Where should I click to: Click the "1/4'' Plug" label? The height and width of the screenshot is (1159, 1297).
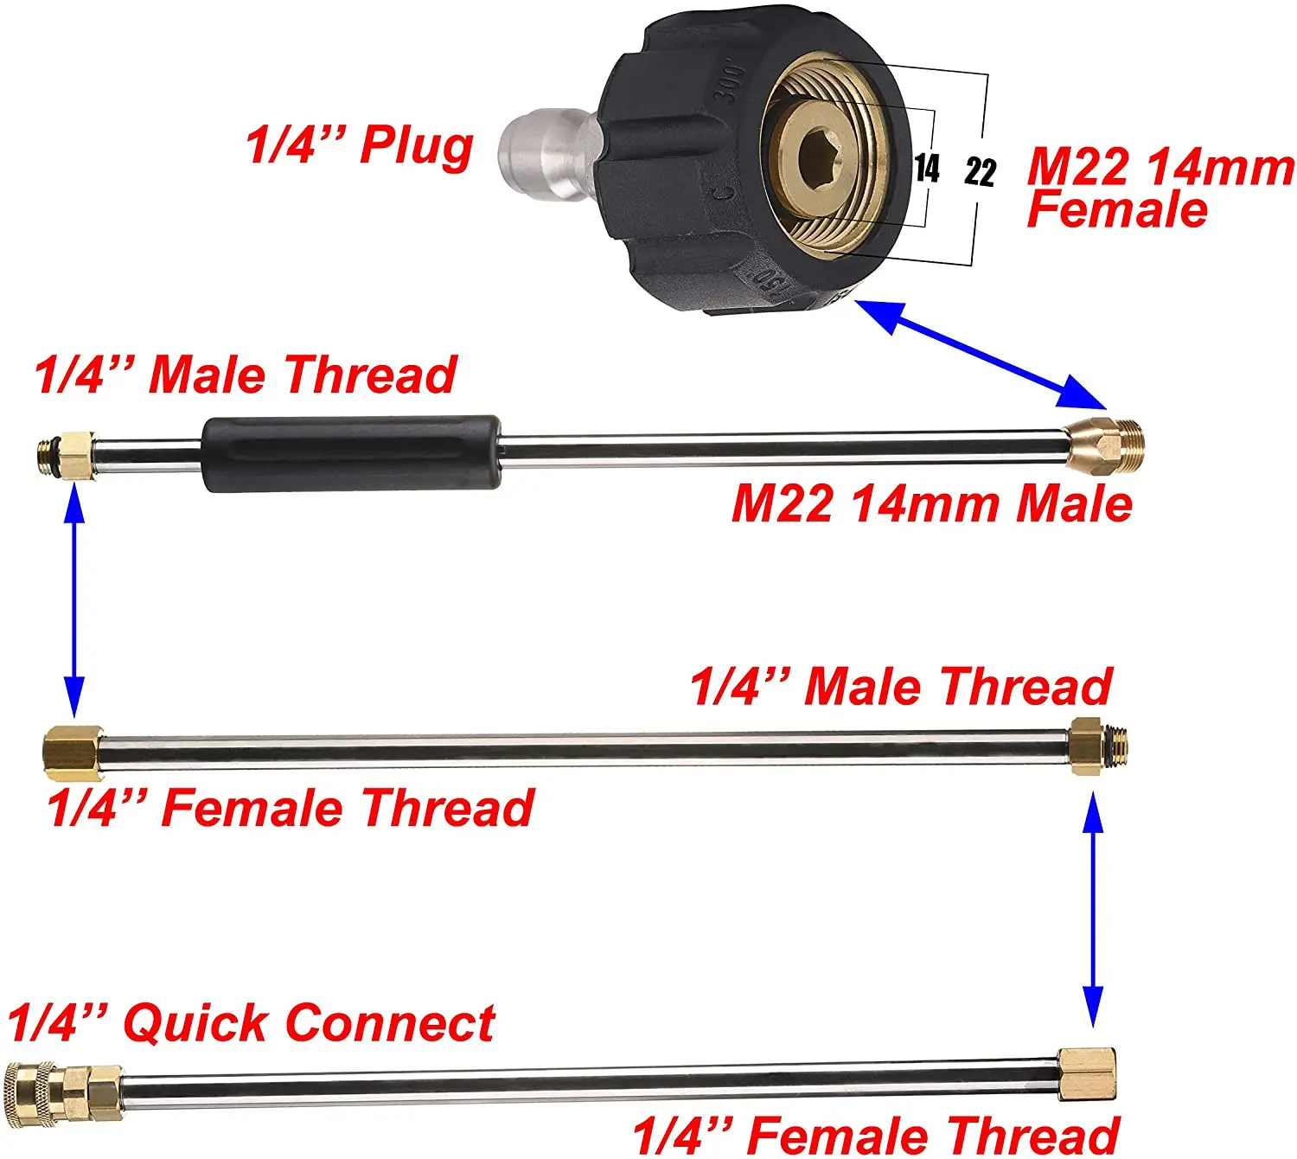[x=360, y=144]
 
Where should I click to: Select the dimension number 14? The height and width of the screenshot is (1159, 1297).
[x=927, y=168]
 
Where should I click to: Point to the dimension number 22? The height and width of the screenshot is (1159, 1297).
[x=980, y=172]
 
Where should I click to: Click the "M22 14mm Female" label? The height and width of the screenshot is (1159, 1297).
[x=1159, y=188]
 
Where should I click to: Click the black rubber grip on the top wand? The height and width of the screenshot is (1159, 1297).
[x=351, y=453]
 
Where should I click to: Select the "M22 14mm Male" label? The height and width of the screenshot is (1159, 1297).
[x=931, y=503]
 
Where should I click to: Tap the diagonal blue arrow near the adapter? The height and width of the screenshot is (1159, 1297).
[x=986, y=353]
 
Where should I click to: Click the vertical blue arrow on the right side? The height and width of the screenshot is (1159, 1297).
[x=1093, y=908]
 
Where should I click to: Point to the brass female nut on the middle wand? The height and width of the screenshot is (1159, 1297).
[x=73, y=748]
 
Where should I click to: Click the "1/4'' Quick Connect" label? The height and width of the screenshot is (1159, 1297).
[x=251, y=1023]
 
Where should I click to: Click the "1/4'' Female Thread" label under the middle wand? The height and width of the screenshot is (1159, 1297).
[x=291, y=808]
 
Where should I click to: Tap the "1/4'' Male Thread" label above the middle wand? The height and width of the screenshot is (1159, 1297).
[x=900, y=687]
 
